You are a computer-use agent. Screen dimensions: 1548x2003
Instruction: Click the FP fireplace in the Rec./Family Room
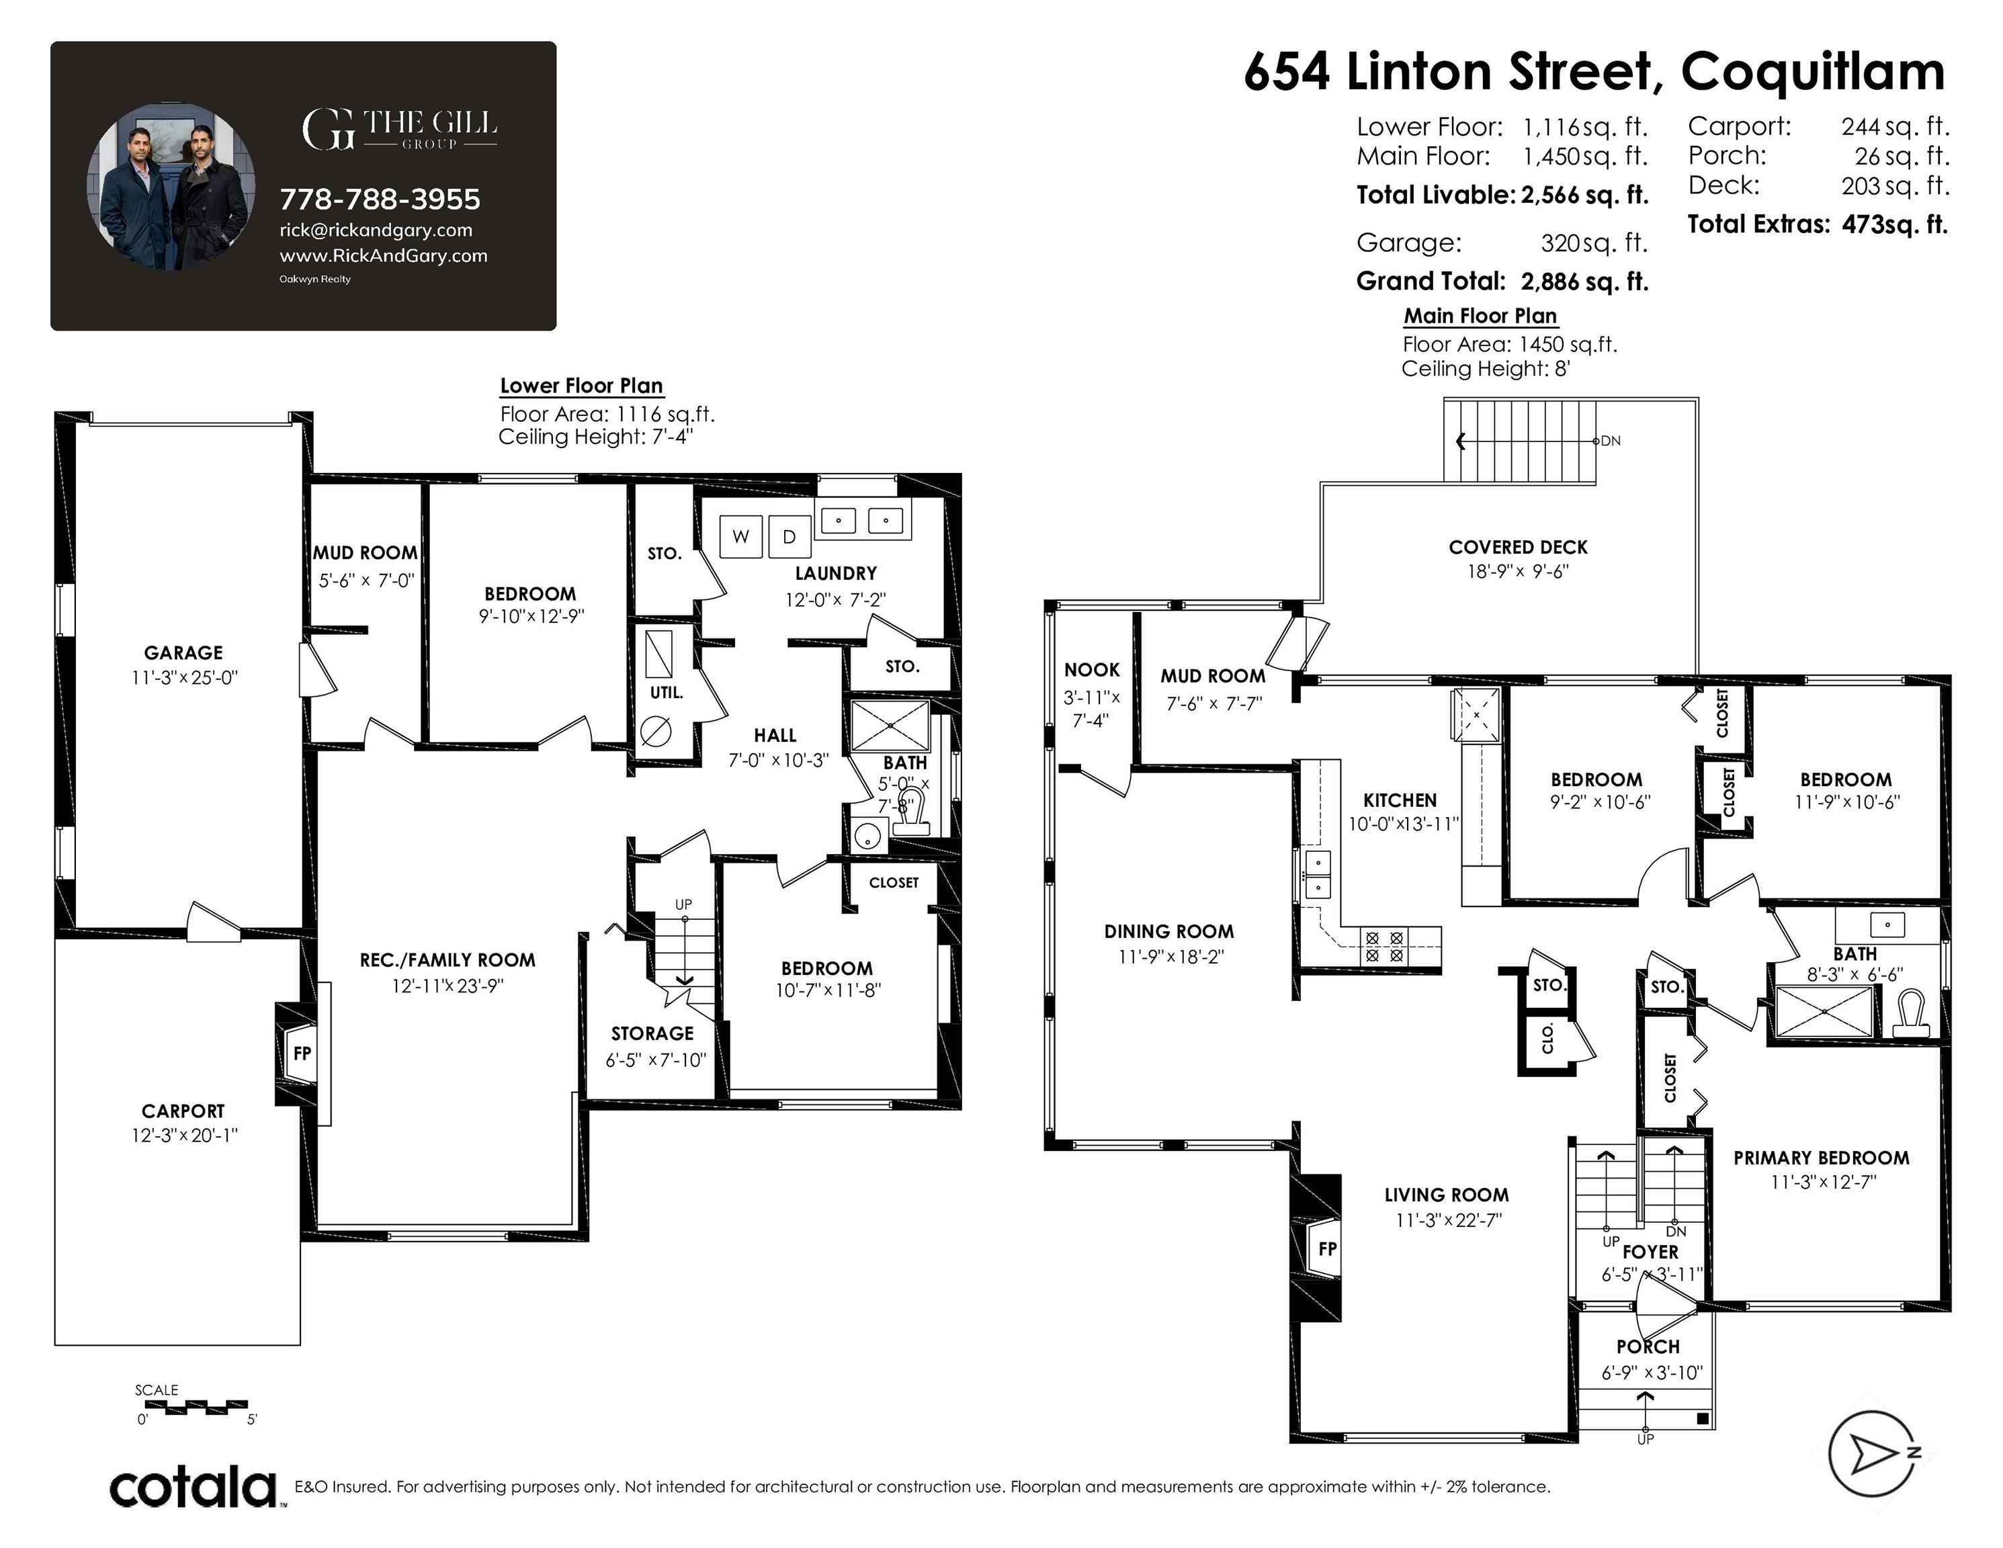(302, 1053)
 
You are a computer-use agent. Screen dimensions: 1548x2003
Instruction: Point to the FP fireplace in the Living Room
(1327, 1248)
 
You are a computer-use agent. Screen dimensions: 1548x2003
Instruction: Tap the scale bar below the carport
(196, 1406)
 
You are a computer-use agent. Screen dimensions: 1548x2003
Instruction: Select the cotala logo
(194, 1488)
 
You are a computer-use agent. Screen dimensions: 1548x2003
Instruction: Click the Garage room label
(183, 653)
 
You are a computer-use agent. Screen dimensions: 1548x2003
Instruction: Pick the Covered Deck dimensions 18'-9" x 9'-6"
(1518, 571)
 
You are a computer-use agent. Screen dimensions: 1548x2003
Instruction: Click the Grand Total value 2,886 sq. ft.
(1584, 282)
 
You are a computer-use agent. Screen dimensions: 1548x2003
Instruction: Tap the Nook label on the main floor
(1091, 671)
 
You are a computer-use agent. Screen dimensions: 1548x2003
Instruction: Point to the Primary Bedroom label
(1820, 1158)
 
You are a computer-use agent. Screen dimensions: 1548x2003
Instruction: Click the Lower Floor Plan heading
(581, 386)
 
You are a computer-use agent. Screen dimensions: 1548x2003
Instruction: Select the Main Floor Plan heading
(1480, 316)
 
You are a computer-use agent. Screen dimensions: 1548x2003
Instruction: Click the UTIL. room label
(667, 693)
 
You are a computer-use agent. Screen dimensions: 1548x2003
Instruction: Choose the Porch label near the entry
(1648, 1347)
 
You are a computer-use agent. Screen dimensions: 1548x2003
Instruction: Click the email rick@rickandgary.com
(376, 230)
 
